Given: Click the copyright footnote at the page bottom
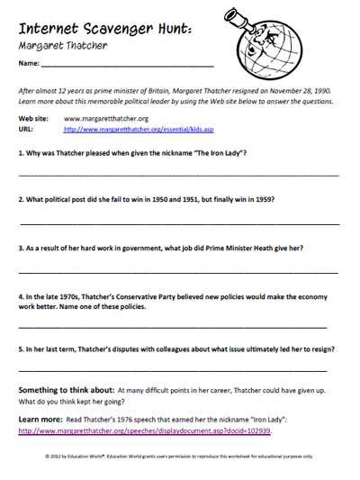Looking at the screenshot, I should [x=179, y=457].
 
